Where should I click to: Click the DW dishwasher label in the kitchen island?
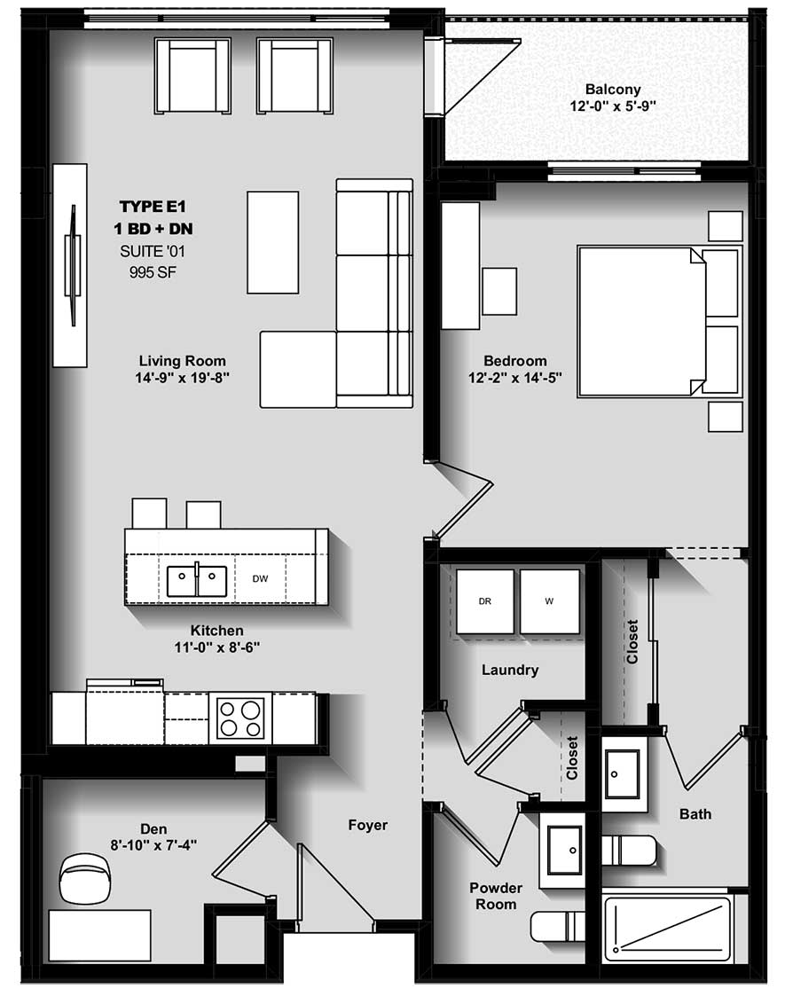(x=260, y=578)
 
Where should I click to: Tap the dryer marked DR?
(x=484, y=601)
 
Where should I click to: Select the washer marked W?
(x=549, y=601)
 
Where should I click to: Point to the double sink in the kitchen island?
(x=196, y=582)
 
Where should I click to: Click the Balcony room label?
(x=612, y=90)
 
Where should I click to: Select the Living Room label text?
(x=182, y=361)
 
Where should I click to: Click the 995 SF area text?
(x=154, y=271)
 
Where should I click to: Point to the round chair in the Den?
(x=86, y=876)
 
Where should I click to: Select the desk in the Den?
(x=98, y=933)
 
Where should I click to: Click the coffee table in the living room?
(x=272, y=242)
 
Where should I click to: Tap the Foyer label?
(x=367, y=825)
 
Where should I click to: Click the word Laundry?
(x=510, y=670)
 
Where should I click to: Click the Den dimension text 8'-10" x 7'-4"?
(x=153, y=845)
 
